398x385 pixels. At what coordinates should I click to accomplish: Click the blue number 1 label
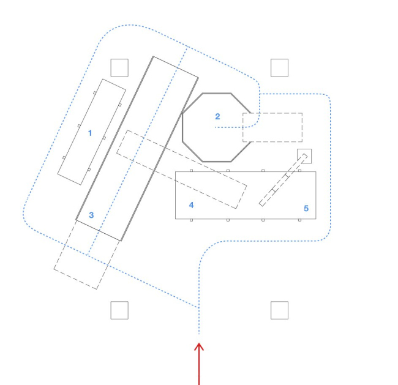pos(90,133)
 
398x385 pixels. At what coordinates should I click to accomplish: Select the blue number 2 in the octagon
pos(217,116)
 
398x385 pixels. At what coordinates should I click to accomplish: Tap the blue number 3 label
pos(91,215)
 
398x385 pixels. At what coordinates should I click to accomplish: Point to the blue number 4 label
pos(191,205)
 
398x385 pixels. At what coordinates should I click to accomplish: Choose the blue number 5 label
pos(306,209)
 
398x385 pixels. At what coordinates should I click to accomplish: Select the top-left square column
pos(119,67)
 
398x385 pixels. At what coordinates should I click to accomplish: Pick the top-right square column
pos(279,67)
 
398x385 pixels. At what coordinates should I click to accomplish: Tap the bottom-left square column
pos(119,310)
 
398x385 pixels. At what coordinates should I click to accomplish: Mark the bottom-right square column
pos(279,310)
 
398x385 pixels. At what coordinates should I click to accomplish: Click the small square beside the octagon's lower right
pos(304,156)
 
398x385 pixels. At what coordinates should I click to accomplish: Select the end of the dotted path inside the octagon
pos(216,127)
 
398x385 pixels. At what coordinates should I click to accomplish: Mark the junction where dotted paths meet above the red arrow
pos(199,305)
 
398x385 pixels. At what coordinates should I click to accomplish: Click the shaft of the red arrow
pos(199,370)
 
